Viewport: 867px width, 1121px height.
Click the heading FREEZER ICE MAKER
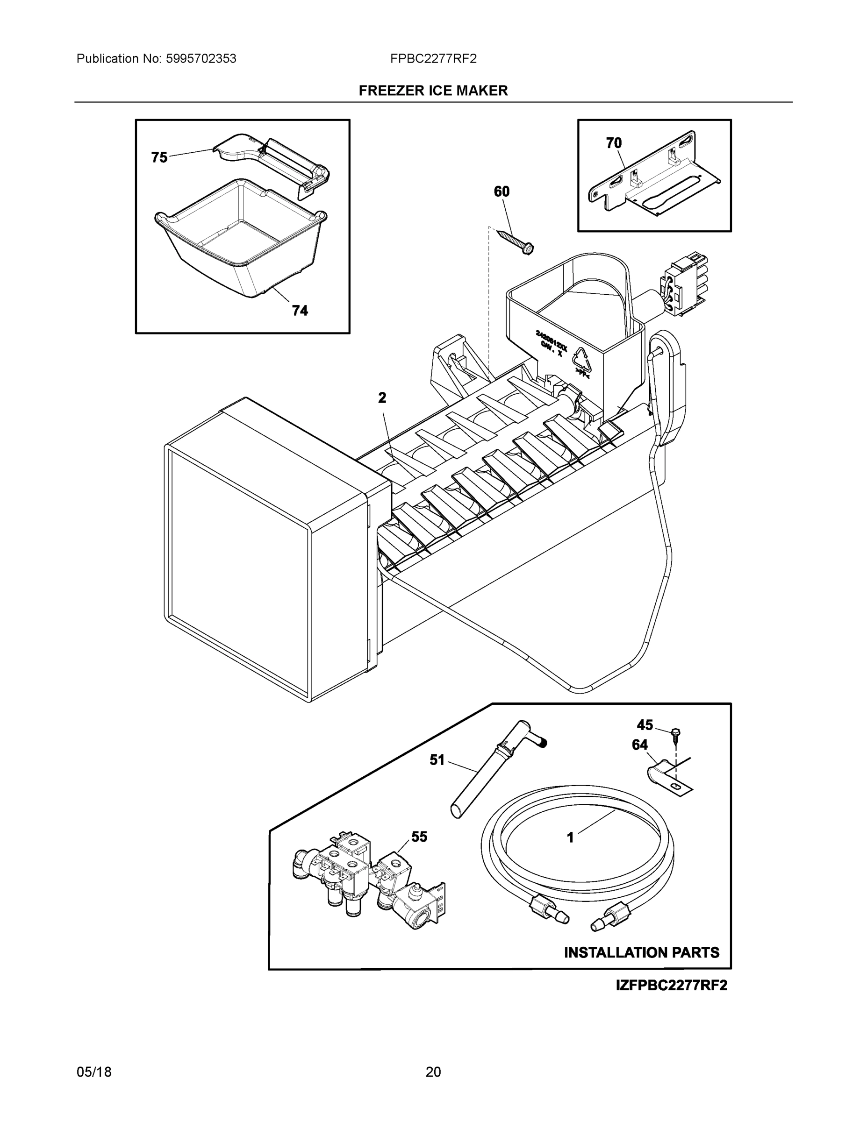[433, 91]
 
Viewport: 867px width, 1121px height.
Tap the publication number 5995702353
[201, 59]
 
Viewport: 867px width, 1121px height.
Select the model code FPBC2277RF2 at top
[433, 59]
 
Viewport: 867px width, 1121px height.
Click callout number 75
[159, 157]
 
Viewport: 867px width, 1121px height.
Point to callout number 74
[300, 311]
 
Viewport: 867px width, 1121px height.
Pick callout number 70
[614, 143]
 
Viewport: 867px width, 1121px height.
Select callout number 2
[382, 398]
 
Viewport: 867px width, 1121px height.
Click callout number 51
[437, 760]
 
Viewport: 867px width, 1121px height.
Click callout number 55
[419, 837]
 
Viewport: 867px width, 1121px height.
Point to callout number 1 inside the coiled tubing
[570, 837]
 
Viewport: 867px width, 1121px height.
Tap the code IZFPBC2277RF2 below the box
[672, 986]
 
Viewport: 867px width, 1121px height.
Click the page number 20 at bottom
[433, 1072]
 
